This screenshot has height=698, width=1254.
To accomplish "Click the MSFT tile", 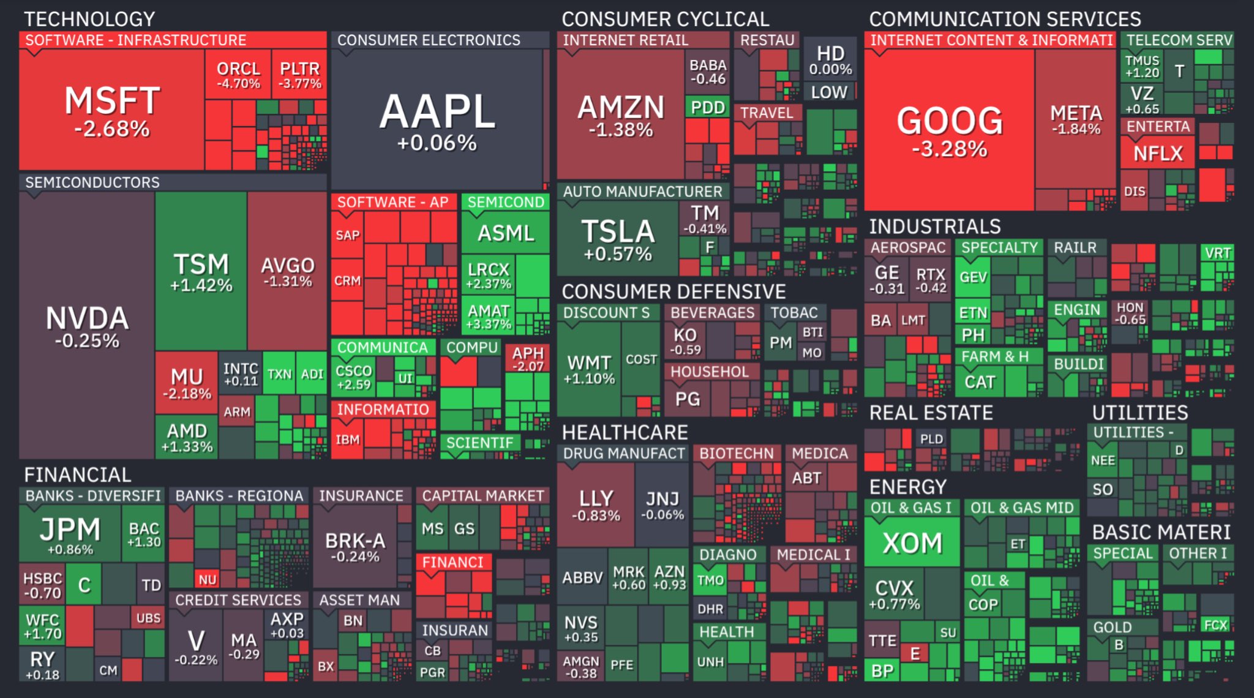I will click(112, 110).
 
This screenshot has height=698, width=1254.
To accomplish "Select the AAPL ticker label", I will click(437, 112).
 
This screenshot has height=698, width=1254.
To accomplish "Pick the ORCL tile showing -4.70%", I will click(238, 75).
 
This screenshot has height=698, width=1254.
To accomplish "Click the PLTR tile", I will click(299, 75).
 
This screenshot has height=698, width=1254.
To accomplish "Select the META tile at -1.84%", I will click(1076, 119).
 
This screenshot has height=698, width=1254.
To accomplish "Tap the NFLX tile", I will click(1157, 152).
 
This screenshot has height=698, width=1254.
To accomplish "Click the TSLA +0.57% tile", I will click(618, 239).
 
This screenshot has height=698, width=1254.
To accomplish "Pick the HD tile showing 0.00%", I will click(830, 60).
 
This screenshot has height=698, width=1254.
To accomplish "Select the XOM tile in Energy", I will click(912, 542).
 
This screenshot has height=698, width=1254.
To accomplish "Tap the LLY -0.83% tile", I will click(596, 505).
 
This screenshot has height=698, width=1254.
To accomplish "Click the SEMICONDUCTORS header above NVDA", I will click(92, 182).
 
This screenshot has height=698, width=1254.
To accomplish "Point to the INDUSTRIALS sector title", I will click(934, 227).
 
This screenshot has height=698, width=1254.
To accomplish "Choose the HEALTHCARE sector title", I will click(625, 432).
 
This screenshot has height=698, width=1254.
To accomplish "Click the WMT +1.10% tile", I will click(589, 369).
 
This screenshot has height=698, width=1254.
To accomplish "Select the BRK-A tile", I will click(355, 547).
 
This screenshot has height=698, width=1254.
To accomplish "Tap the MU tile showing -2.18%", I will click(187, 382).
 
